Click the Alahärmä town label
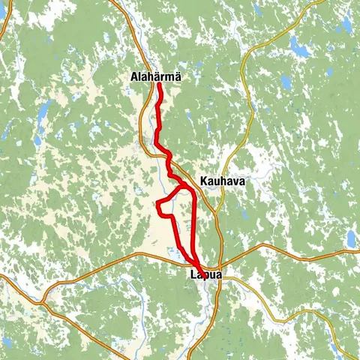click(x=155, y=76)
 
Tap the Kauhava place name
click(x=222, y=181)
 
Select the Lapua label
click(x=202, y=276)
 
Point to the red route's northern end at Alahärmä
click(x=159, y=85)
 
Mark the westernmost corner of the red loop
click(x=156, y=205)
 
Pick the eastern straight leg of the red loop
click(x=194, y=225)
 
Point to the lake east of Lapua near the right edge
click(x=351, y=238)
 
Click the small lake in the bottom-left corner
click(x=7, y=342)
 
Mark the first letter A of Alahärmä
click(x=133, y=76)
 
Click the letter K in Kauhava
click(x=204, y=181)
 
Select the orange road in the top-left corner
click(x=6, y=22)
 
